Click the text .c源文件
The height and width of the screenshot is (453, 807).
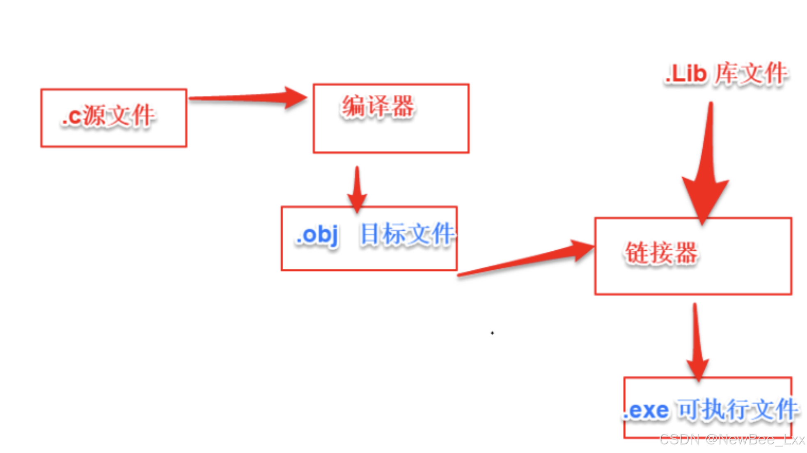(108, 116)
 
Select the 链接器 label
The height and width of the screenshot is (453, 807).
(661, 252)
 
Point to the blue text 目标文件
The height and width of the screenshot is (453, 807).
(407, 234)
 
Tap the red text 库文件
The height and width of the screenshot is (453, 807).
(751, 74)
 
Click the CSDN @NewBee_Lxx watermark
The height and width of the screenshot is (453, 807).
(732, 440)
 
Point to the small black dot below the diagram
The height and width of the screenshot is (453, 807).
(492, 333)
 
